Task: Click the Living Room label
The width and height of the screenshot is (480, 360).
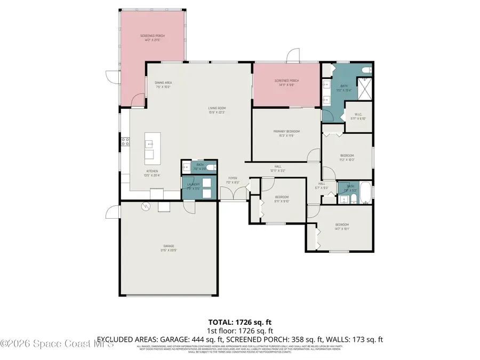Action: pos(217,110)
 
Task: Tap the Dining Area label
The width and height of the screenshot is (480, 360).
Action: pos(163,85)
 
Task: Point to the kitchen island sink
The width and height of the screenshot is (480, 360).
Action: pos(149,143)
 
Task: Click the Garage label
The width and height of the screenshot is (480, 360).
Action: pos(168,248)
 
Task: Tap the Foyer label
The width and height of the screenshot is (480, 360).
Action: pos(233,180)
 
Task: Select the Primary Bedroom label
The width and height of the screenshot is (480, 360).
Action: pos(286,133)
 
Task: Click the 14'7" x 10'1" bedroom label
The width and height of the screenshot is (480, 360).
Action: pos(341,227)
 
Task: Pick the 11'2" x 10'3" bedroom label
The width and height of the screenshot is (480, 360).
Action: pos(347,157)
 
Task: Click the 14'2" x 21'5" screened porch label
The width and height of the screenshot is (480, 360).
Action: pos(151,38)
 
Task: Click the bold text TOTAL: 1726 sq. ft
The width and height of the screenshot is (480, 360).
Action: pos(240,323)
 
